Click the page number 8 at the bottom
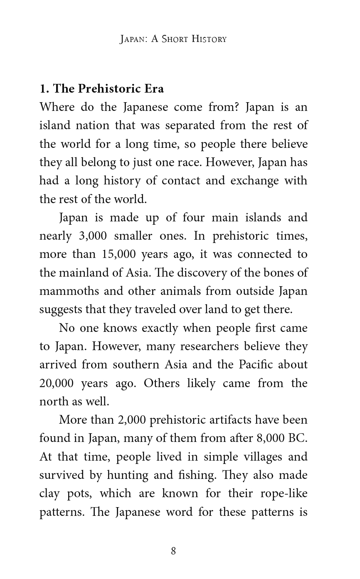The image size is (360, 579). (x=173, y=551)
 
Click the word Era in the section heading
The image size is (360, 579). (x=154, y=89)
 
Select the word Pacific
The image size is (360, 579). (x=256, y=365)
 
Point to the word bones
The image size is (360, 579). (x=280, y=272)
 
